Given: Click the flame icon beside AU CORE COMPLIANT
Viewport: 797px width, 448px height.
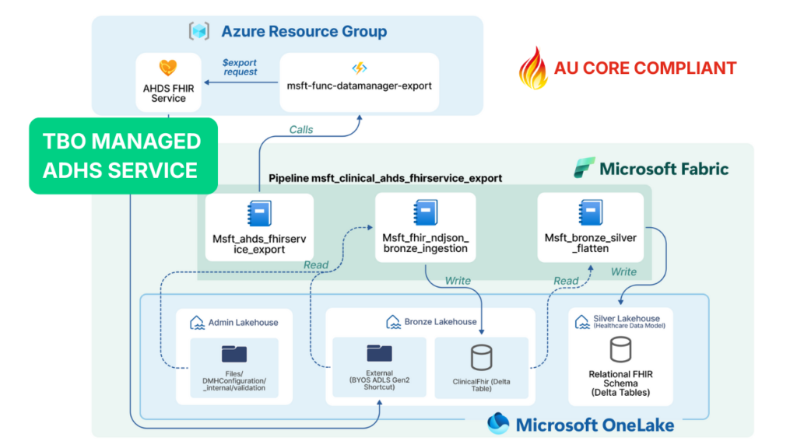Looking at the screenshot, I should coord(533,67).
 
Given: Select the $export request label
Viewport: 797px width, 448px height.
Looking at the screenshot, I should coord(239,67).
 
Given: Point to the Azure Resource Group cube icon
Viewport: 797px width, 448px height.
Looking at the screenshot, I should coord(199,32).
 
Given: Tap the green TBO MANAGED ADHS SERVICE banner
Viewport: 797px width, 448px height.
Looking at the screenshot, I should coord(123,156).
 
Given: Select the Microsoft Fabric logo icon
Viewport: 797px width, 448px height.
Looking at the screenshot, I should coord(585,168).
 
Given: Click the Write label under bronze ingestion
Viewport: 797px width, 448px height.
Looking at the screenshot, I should coord(458,280).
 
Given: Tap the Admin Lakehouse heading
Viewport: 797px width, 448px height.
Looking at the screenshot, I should coord(243,322).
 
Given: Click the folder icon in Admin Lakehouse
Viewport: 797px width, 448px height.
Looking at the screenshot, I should coord(233,354).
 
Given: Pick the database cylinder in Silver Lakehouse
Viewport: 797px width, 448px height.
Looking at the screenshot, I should coord(620,350).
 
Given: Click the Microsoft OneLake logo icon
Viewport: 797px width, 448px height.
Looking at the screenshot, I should coord(498,424).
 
